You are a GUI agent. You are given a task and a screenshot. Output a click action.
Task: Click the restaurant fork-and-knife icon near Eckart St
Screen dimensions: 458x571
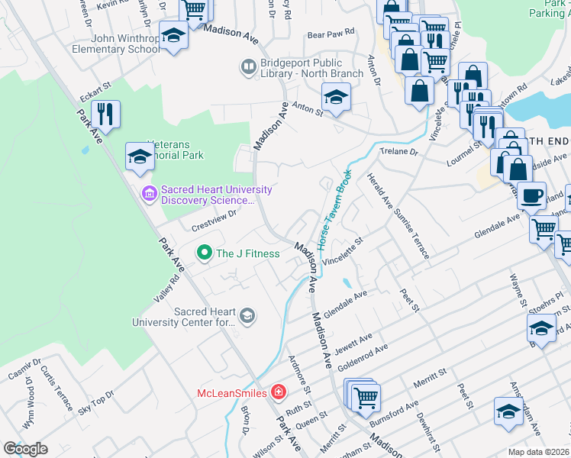coord(105,114)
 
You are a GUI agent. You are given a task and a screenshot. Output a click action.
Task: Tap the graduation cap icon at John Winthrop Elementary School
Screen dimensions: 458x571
coord(174,35)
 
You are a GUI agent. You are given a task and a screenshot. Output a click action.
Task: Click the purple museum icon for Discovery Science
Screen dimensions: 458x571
coord(149,194)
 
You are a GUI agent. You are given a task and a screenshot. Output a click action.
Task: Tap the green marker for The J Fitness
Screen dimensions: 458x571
coord(204,253)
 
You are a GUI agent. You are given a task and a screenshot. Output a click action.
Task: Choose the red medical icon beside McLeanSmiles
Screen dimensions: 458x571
coord(279,393)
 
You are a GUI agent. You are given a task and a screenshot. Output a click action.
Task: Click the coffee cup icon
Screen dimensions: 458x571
coord(531,195)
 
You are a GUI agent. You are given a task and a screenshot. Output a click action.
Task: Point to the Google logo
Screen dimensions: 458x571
coord(25,448)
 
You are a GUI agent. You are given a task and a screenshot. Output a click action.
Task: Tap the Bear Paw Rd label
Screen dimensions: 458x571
coord(331,33)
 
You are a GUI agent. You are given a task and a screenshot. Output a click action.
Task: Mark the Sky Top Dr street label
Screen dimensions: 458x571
coord(95,402)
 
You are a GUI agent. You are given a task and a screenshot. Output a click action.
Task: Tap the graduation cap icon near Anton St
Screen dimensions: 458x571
coord(334,96)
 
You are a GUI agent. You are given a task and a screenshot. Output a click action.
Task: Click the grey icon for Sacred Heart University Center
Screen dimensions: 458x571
coord(247,314)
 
